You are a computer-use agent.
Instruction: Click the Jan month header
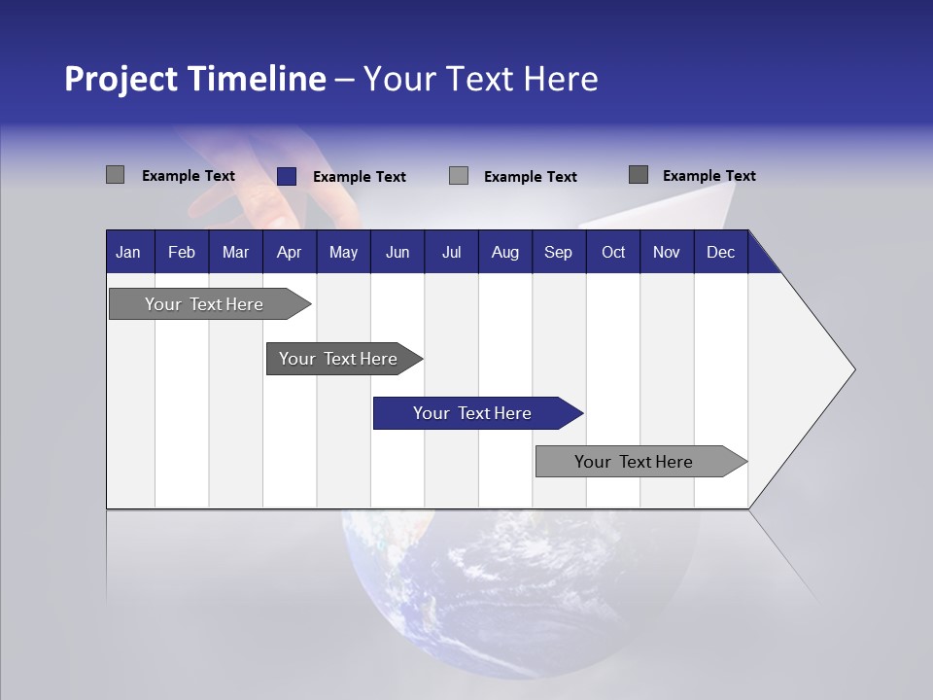pos(128,253)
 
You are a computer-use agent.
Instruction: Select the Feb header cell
pos(182,253)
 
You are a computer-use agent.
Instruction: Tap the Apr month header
pos(289,253)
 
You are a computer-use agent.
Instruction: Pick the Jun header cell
pos(397,253)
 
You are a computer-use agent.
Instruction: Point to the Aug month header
pos(504,253)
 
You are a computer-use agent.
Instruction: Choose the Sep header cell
pos(558,253)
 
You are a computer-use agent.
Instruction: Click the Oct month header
pos(613,253)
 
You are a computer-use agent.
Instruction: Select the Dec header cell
pos(720,253)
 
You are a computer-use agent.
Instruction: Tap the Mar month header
pos(235,253)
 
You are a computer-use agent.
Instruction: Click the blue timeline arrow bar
pos(476,413)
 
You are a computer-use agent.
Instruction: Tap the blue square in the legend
pos(287,176)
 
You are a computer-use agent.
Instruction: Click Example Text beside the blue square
pos(359,177)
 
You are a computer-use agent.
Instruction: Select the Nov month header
pos(667,253)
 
